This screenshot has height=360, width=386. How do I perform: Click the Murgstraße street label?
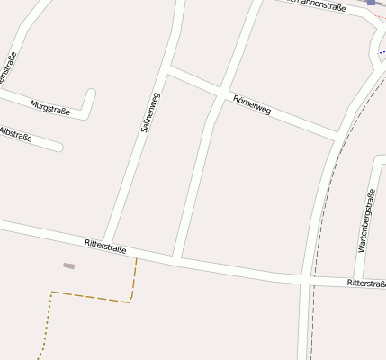50,105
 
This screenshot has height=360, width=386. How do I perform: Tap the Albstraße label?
15,135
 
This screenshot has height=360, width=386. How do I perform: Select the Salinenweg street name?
149,113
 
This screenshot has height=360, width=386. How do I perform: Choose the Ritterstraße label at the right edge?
366,283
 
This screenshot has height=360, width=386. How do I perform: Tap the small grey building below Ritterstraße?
68,265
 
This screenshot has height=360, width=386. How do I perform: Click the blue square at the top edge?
371,3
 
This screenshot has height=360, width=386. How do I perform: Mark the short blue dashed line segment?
382,52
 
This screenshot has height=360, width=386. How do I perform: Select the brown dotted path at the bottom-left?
45,325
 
